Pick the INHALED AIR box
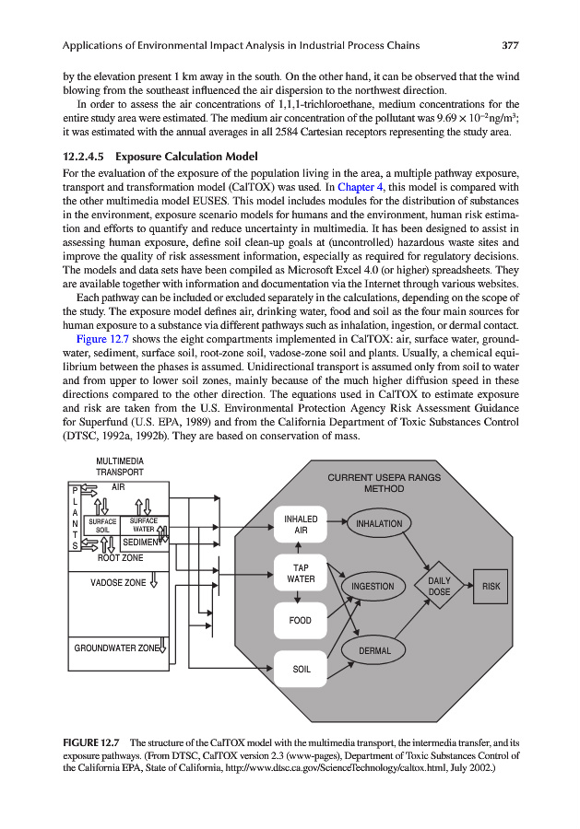[x=301, y=525]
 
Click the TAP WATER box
[x=301, y=574]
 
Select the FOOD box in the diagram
[x=301, y=621]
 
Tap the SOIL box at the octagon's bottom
[x=301, y=669]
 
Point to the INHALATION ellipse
[x=378, y=524]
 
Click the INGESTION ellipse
[x=373, y=586]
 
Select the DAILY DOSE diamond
[x=439, y=586]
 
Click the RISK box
[x=491, y=586]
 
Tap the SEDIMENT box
[x=143, y=542]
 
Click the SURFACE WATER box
[x=143, y=525]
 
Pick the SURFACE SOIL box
[x=102, y=525]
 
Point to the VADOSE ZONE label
[x=118, y=582]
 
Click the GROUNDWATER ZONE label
[x=117, y=648]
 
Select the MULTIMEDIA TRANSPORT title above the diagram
[x=119, y=466]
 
